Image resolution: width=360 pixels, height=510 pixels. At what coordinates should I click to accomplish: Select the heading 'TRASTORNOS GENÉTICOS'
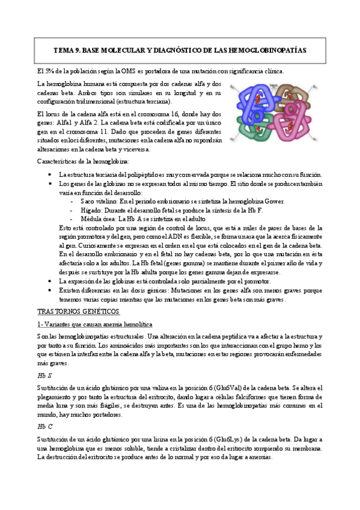[x=78, y=312]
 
